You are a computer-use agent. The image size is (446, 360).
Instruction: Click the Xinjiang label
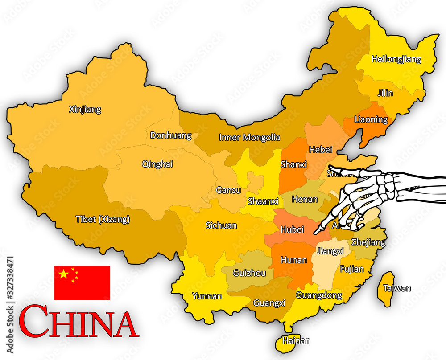85,109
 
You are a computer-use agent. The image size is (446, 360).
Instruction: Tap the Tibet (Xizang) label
103,219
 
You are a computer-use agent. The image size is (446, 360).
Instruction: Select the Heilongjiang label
396,59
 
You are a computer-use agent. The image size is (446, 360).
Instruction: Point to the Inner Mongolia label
249,137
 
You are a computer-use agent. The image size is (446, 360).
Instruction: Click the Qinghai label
157,164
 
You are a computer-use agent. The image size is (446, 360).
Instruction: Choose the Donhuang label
170,135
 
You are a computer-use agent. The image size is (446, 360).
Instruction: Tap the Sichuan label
221,225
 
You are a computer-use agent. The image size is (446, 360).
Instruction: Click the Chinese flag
82,282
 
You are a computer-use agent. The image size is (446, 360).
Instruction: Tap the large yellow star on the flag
64,274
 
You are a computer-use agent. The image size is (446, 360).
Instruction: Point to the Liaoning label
371,119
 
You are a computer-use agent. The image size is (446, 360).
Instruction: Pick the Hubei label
292,229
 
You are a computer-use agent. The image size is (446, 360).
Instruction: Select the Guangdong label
318,295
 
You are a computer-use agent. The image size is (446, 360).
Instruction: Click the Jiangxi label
330,251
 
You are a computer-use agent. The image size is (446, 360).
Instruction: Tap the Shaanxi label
263,201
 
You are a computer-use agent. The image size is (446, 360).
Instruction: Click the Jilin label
385,93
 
